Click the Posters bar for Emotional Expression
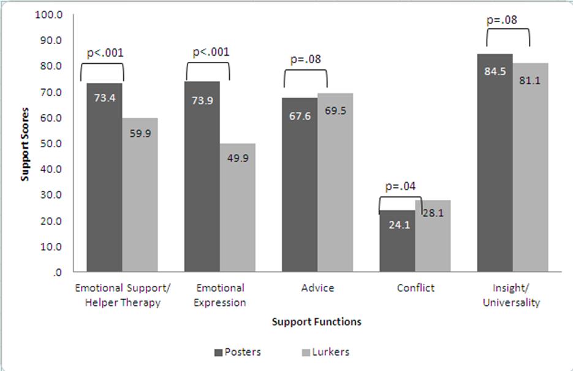[x=202, y=178]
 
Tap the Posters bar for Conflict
[x=397, y=242]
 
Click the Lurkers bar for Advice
[x=335, y=184]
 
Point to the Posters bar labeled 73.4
[x=104, y=178]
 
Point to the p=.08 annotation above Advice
[x=305, y=59]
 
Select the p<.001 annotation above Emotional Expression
[x=211, y=52]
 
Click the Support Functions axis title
[x=316, y=321]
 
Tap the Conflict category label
[x=415, y=288]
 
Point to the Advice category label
[x=317, y=288]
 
